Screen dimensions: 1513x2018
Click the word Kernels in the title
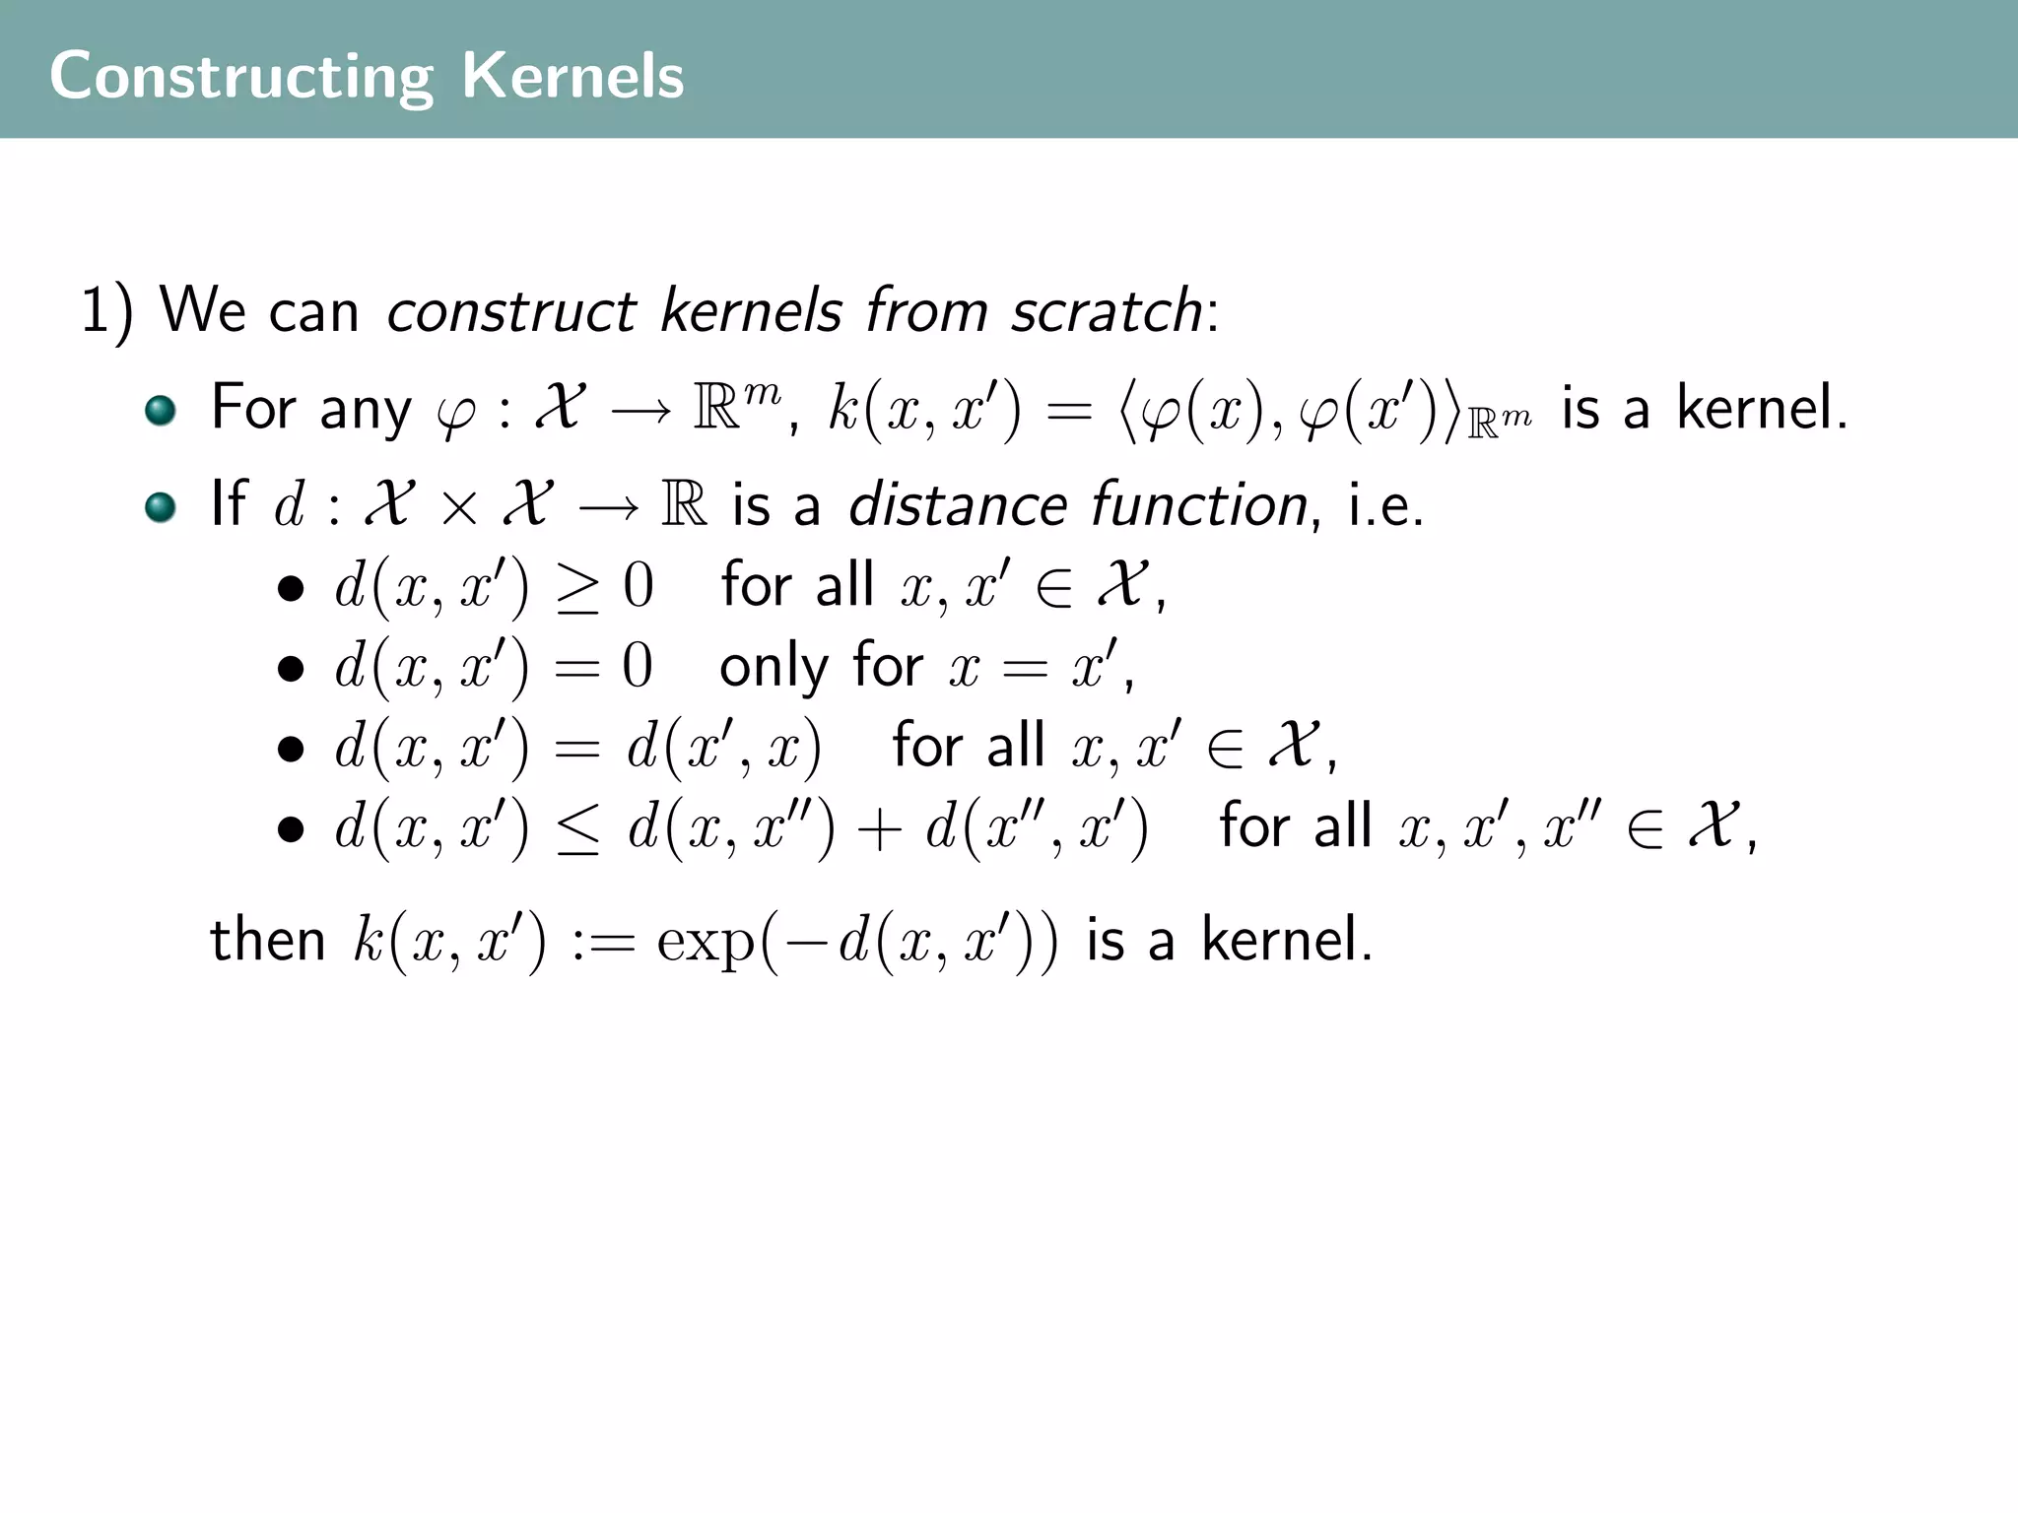pyautogui.click(x=572, y=77)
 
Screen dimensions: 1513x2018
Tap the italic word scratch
pyautogui.click(x=1106, y=311)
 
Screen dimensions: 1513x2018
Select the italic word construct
pyautogui.click(x=510, y=311)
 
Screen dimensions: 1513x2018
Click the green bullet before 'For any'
pyautogui.click(x=160, y=410)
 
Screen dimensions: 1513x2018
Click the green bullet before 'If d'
pyautogui.click(x=160, y=506)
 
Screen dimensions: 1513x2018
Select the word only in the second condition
pyautogui.click(x=773, y=668)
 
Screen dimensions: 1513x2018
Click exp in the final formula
pyautogui.click(x=706, y=942)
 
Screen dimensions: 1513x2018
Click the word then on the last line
pyautogui.click(x=267, y=940)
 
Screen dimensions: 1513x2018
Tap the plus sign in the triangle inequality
pyautogui.click(x=880, y=828)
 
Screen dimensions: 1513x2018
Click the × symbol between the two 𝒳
pyautogui.click(x=459, y=507)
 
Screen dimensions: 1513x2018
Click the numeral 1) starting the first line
pyautogui.click(x=105, y=312)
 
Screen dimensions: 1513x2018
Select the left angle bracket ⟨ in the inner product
pyautogui.click(x=1130, y=410)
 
